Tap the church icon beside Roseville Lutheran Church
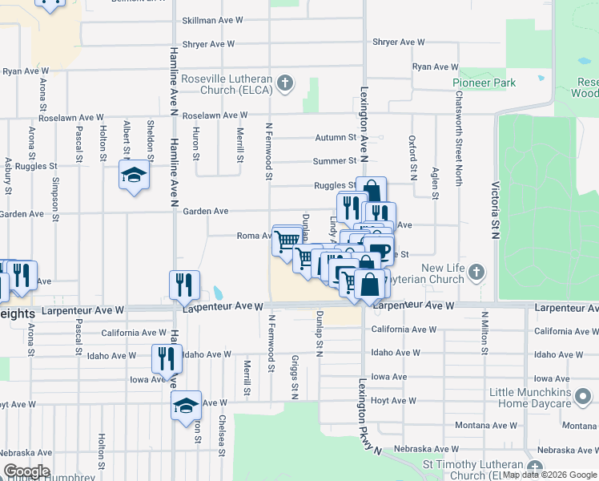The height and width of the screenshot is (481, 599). [x=284, y=83]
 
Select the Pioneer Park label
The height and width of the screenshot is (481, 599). [x=484, y=83]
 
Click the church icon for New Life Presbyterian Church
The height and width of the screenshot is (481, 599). [x=476, y=272]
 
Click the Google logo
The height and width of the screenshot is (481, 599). [x=26, y=471]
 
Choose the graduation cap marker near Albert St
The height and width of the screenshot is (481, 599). [x=134, y=175]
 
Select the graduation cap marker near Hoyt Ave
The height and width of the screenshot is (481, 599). [x=186, y=405]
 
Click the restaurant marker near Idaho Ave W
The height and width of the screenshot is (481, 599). [x=167, y=358]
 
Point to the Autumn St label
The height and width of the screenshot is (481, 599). [x=335, y=138]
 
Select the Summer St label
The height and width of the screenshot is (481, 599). [x=336, y=161]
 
